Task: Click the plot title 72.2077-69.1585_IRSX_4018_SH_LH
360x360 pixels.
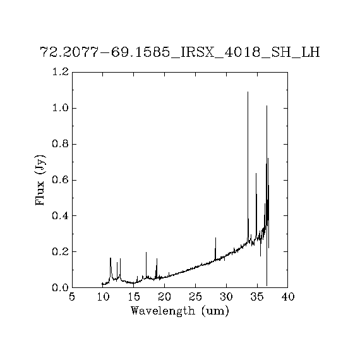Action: pos(180,52)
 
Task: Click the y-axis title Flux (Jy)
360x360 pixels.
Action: pos(40,180)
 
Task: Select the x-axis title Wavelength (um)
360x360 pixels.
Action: pos(180,311)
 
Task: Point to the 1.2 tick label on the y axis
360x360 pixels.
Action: pos(61,72)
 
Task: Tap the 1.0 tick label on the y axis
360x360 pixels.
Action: pos(61,108)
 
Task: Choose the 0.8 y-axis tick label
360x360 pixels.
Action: pos(61,144)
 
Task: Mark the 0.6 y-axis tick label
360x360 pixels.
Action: pos(61,180)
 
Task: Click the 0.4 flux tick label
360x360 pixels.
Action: pos(61,216)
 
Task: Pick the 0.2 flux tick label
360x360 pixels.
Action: pos(61,252)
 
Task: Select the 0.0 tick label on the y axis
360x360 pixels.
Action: pos(61,287)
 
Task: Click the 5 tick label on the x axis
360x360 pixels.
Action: pos(72,297)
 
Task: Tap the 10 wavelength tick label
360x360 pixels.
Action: pos(103,297)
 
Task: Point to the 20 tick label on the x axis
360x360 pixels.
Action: pos(164,297)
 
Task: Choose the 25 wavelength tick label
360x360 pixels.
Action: pos(195,297)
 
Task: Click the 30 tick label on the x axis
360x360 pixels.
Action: pos(226,297)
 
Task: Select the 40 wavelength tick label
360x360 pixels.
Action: pos(287,297)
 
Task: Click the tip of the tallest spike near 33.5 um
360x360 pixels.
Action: pos(248,92)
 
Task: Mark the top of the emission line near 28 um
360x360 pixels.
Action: pos(215,237)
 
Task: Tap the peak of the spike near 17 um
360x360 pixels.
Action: pos(146,252)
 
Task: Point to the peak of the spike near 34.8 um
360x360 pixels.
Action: pos(256,173)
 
